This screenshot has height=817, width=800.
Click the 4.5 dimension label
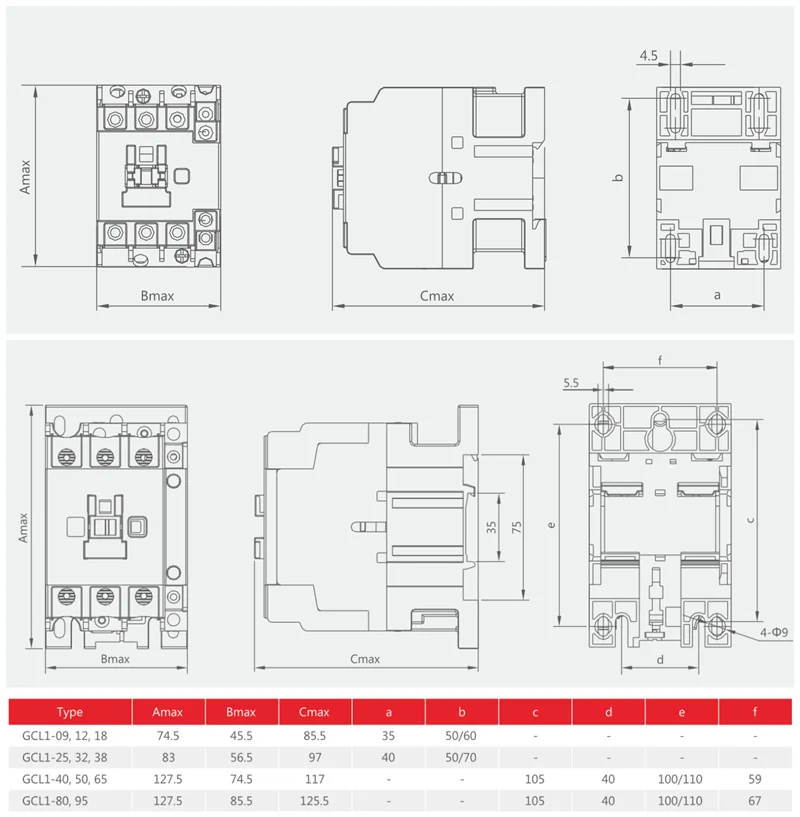(648, 56)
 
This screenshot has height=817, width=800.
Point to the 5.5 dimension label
(571, 383)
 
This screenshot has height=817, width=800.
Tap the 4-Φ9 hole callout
(774, 633)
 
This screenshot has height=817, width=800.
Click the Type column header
(70, 712)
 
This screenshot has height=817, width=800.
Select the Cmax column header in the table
(314, 712)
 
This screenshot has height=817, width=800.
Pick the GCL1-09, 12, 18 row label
(65, 736)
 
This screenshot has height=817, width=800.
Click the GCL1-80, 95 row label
(55, 800)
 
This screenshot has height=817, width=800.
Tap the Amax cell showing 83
(168, 757)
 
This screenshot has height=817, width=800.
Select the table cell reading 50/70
(461, 757)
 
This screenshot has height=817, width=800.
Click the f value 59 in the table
(755, 779)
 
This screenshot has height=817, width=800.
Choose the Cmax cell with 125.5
(314, 800)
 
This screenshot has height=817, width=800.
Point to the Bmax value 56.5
(241, 757)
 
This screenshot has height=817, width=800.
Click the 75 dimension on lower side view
(516, 527)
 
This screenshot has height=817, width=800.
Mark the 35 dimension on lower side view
(491, 527)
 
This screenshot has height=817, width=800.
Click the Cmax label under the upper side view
(437, 296)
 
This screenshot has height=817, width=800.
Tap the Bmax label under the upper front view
(157, 296)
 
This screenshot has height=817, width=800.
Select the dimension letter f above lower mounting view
(660, 360)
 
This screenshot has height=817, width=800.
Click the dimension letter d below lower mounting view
(660, 660)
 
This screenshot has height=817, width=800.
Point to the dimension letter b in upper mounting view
(619, 177)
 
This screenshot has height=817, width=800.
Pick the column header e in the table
(682, 712)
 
